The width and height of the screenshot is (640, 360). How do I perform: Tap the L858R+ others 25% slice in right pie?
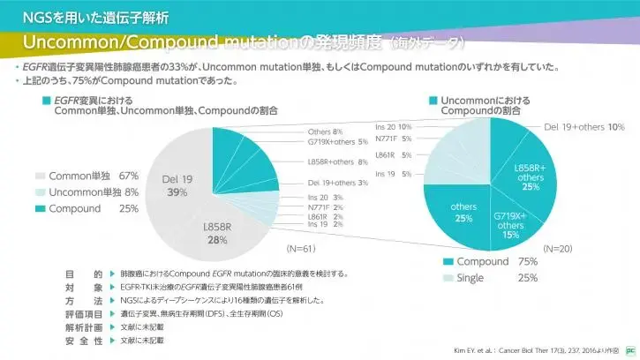tap(531, 176)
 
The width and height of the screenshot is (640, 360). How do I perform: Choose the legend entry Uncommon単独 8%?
tap(94, 191)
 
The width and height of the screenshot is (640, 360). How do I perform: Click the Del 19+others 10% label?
tap(584, 128)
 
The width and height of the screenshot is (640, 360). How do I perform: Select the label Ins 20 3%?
tap(326, 198)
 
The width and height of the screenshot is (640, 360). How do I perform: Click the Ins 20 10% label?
tap(393, 126)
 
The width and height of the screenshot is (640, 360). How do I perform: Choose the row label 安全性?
tap(85, 340)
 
